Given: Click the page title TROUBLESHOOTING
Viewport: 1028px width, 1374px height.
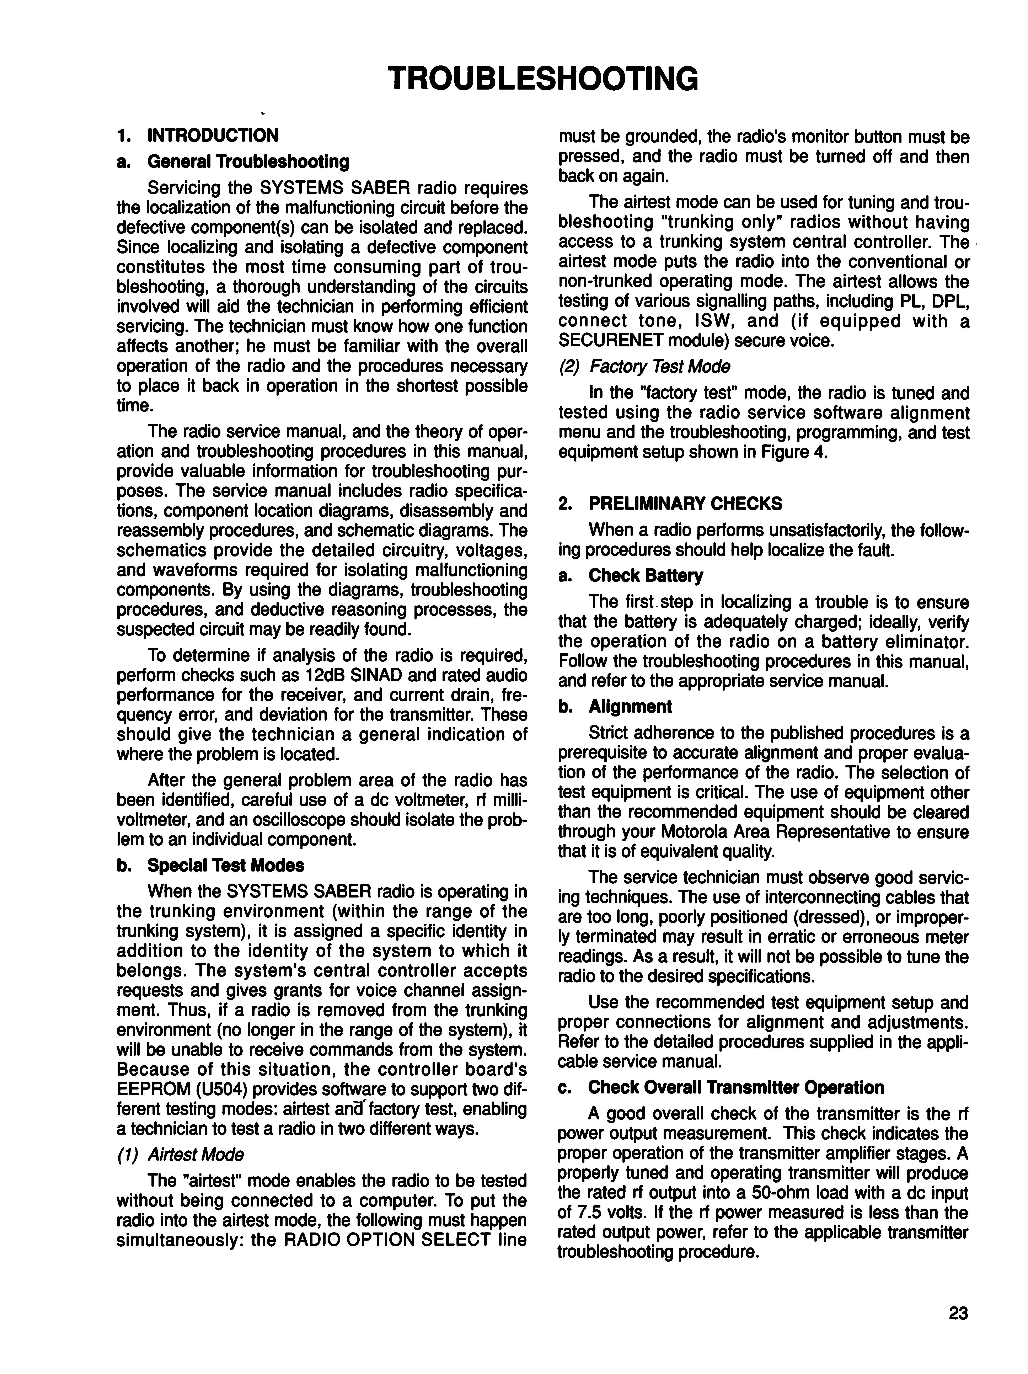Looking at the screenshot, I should (542, 79).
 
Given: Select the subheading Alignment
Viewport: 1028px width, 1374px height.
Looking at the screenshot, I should (630, 707).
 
